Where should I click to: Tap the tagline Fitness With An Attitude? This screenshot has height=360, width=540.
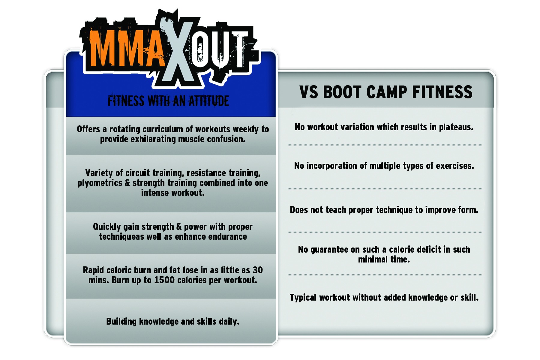168,101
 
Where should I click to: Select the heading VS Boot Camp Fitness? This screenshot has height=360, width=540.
386,92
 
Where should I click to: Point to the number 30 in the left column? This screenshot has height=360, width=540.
257,270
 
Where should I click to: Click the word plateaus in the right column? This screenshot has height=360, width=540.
456,127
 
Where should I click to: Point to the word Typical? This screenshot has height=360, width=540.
303,298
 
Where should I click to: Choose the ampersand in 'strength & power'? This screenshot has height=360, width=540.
179,226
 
